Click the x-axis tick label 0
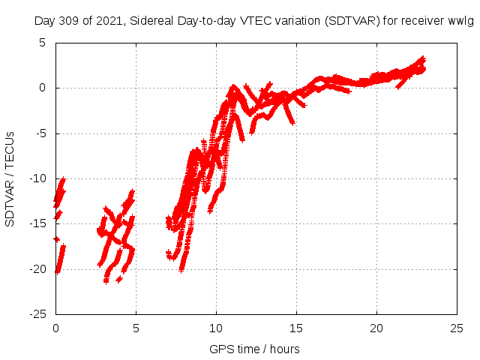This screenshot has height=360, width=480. coord(55,328)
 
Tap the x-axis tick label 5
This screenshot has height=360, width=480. coord(136,328)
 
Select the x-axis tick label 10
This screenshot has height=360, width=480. coord(216,328)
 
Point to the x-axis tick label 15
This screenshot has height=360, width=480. coord(296,328)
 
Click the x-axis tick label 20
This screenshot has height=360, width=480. coord(376,328)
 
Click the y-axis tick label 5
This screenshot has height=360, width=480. coord(43,43)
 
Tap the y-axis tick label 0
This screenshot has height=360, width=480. coord(43,88)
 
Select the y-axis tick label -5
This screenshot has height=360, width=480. coord(41,133)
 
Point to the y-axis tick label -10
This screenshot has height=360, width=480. coord(38,178)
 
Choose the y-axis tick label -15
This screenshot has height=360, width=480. coord(38,223)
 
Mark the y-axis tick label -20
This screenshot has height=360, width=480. coord(38,269)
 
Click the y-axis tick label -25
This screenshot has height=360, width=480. coord(38,314)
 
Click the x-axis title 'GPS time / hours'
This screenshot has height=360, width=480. coord(254,349)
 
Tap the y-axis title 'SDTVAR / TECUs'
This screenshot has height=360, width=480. coord(10,178)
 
